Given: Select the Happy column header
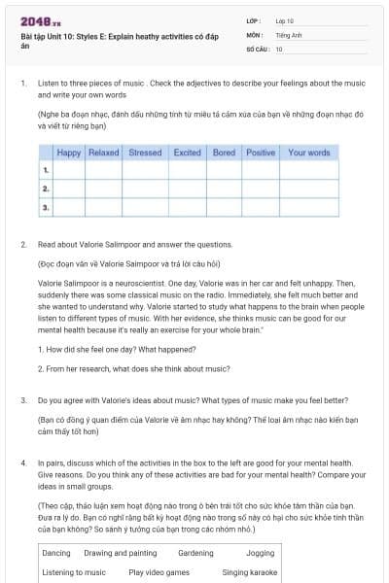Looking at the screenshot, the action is click(x=69, y=153).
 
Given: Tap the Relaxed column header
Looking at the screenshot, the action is click(x=103, y=153).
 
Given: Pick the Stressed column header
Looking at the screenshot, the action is click(x=145, y=153).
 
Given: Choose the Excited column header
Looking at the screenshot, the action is click(x=187, y=153).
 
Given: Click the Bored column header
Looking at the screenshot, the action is click(x=224, y=153).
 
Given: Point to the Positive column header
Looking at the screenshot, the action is click(x=261, y=153).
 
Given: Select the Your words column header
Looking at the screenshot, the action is click(x=309, y=153).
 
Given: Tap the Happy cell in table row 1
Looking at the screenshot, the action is click(x=69, y=170).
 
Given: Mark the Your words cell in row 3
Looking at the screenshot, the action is click(x=309, y=207).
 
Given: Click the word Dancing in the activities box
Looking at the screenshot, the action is click(x=56, y=553).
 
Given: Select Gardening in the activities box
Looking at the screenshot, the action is click(x=195, y=553).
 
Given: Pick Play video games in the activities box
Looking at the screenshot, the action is click(x=159, y=572).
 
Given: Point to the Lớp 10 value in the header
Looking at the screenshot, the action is click(x=284, y=20).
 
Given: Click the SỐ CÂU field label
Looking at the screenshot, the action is click(x=259, y=48).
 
